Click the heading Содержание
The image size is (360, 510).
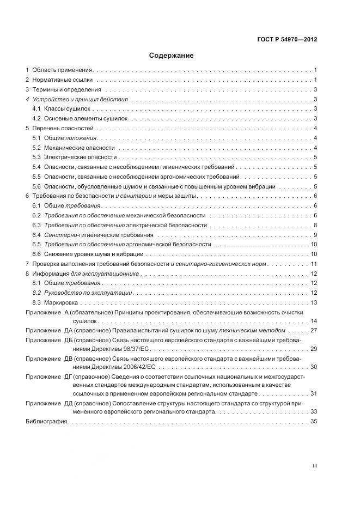pyautogui.click(x=171, y=56)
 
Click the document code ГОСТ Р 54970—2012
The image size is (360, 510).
pyautogui.click(x=286, y=40)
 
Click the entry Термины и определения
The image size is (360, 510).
pyautogui.click(x=66, y=89)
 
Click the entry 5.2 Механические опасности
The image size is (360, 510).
pyautogui.click(x=74, y=147)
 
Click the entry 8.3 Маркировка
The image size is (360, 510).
pyautogui.click(x=56, y=302)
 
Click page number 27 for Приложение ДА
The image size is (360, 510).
pyautogui.click(x=314, y=331)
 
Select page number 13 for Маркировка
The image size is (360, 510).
pyautogui.click(x=314, y=302)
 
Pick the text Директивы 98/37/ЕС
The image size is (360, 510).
pyautogui.click(x=95, y=348)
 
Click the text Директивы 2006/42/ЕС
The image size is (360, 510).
pyautogui.click(x=97, y=367)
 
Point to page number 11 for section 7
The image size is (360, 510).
pyautogui.click(x=314, y=264)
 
